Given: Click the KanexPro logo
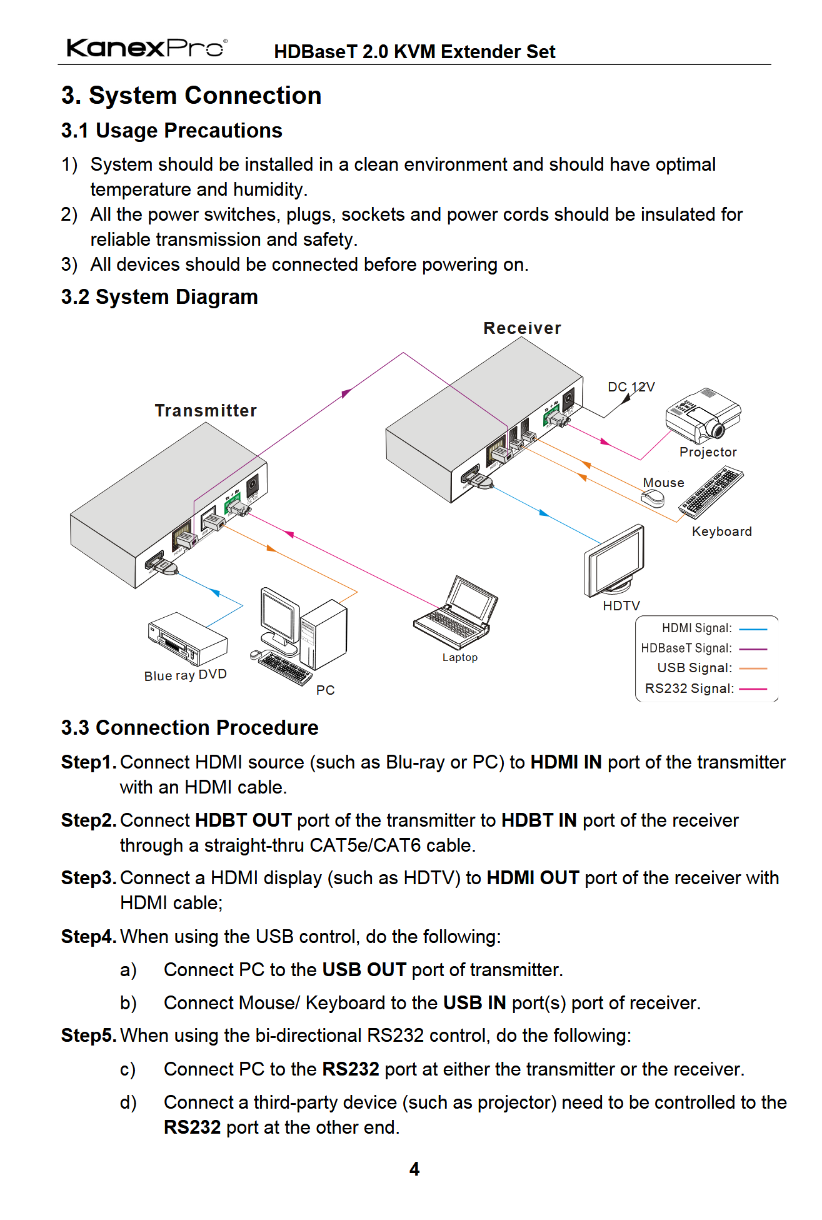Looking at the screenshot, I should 146,48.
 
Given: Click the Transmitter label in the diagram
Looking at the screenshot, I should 206,411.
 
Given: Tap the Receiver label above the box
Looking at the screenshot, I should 522,328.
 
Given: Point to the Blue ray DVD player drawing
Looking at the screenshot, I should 187,638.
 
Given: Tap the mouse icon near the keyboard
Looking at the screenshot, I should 653,498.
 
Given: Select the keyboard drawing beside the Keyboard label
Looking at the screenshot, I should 712,493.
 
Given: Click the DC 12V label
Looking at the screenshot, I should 631,387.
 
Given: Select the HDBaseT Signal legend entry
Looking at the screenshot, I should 703,648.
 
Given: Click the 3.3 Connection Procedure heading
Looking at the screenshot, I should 189,728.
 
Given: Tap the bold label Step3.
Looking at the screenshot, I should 88,878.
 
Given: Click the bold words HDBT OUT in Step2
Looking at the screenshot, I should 243,820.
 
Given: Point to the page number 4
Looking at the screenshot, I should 414,1169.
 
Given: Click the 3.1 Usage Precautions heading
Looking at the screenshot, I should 171,131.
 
